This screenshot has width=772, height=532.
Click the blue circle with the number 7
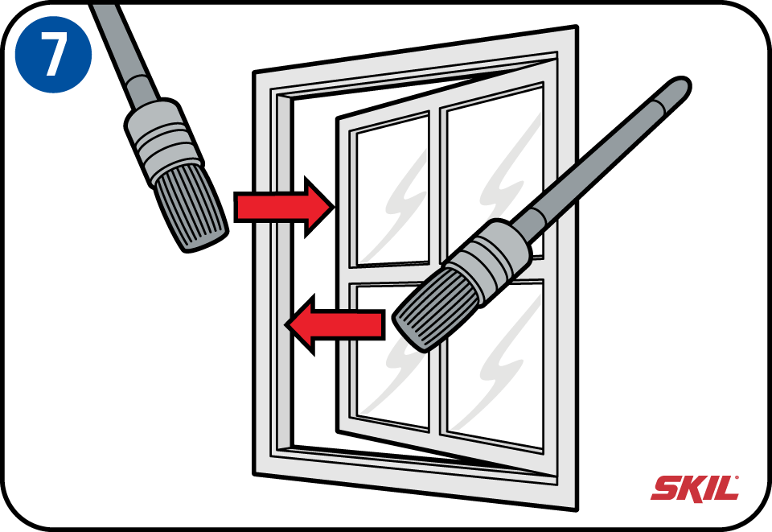(53, 54)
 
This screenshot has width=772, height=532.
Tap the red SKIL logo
(695, 489)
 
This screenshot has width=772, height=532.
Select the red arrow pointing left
(335, 324)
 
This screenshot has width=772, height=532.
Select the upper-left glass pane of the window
(392, 191)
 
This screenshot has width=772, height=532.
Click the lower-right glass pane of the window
(495, 365)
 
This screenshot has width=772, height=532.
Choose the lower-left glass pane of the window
(392, 356)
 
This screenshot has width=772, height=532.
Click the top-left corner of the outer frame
(254, 73)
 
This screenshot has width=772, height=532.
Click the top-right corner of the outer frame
(577, 26)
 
